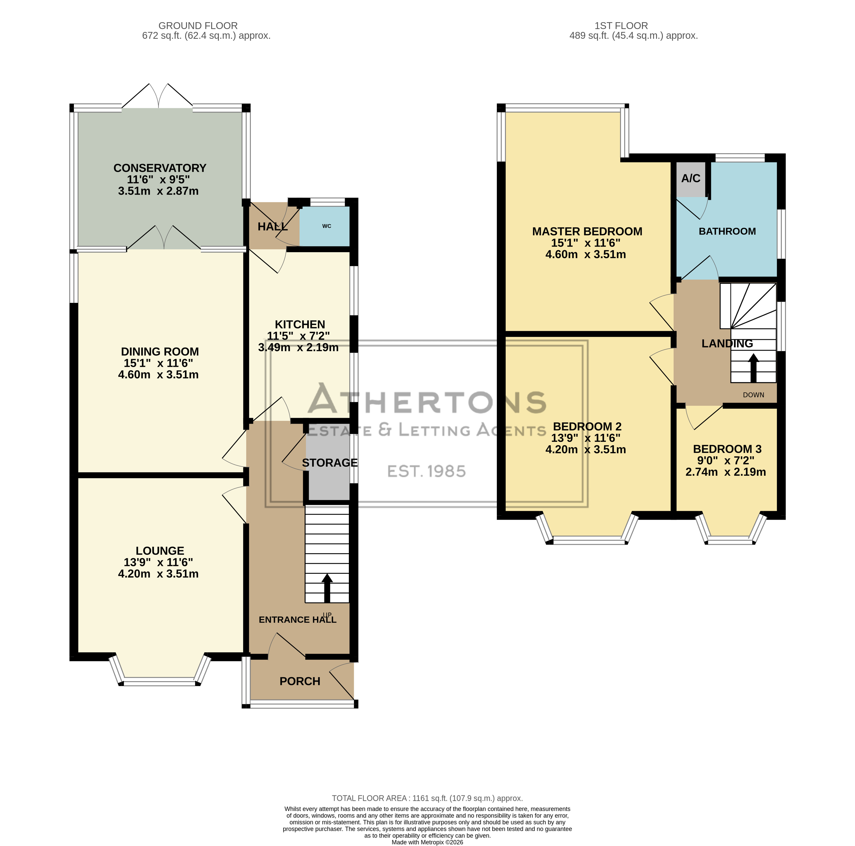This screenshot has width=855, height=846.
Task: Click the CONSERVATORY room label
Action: pyautogui.click(x=160, y=168)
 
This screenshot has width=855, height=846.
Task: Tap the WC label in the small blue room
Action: pyautogui.click(x=327, y=226)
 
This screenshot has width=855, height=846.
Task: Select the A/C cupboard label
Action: pyautogui.click(x=691, y=179)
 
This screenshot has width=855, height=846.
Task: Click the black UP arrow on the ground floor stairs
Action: pyautogui.click(x=327, y=588)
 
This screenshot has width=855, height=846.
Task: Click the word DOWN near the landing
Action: pyautogui.click(x=754, y=395)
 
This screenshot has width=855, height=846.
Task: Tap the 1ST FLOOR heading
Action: pyautogui.click(x=621, y=26)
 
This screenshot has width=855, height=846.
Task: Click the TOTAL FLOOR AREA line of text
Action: pyautogui.click(x=428, y=798)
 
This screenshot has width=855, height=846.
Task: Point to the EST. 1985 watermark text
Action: pyautogui.click(x=427, y=471)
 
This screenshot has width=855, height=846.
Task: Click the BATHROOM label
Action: pyautogui.click(x=727, y=231)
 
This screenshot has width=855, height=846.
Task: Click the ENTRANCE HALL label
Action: pyautogui.click(x=297, y=620)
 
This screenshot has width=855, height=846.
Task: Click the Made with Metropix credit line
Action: pyautogui.click(x=428, y=842)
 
